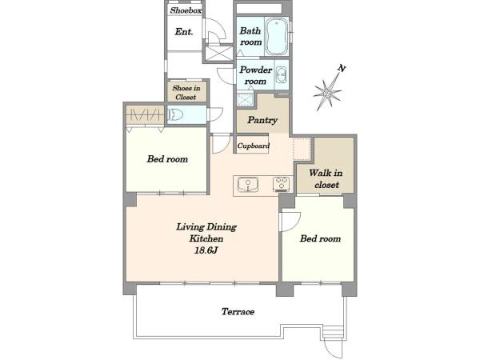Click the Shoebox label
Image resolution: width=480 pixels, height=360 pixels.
[186, 10]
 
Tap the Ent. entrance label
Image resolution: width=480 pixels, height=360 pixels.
[184, 31]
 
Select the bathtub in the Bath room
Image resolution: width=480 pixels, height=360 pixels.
[277, 37]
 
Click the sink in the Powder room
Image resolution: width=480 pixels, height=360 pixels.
[282, 74]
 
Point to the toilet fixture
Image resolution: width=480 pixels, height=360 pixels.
[174, 114]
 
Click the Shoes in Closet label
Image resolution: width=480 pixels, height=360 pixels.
[186, 93]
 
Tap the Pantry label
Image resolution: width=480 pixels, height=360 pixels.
[262, 120]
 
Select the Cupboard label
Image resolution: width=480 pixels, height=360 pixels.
[254, 146]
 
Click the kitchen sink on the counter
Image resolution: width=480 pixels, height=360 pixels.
[248, 185]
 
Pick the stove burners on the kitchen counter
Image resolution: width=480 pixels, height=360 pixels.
[282, 184]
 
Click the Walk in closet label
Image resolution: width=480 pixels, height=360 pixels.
[326, 178]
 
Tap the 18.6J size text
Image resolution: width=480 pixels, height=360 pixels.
[206, 250]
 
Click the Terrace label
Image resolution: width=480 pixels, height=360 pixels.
[238, 312]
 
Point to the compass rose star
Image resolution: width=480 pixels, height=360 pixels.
[327, 91]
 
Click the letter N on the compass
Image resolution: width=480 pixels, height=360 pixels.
[342, 68]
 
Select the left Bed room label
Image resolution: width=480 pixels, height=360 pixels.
[167, 159]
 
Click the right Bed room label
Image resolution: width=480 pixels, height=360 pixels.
[320, 238]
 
